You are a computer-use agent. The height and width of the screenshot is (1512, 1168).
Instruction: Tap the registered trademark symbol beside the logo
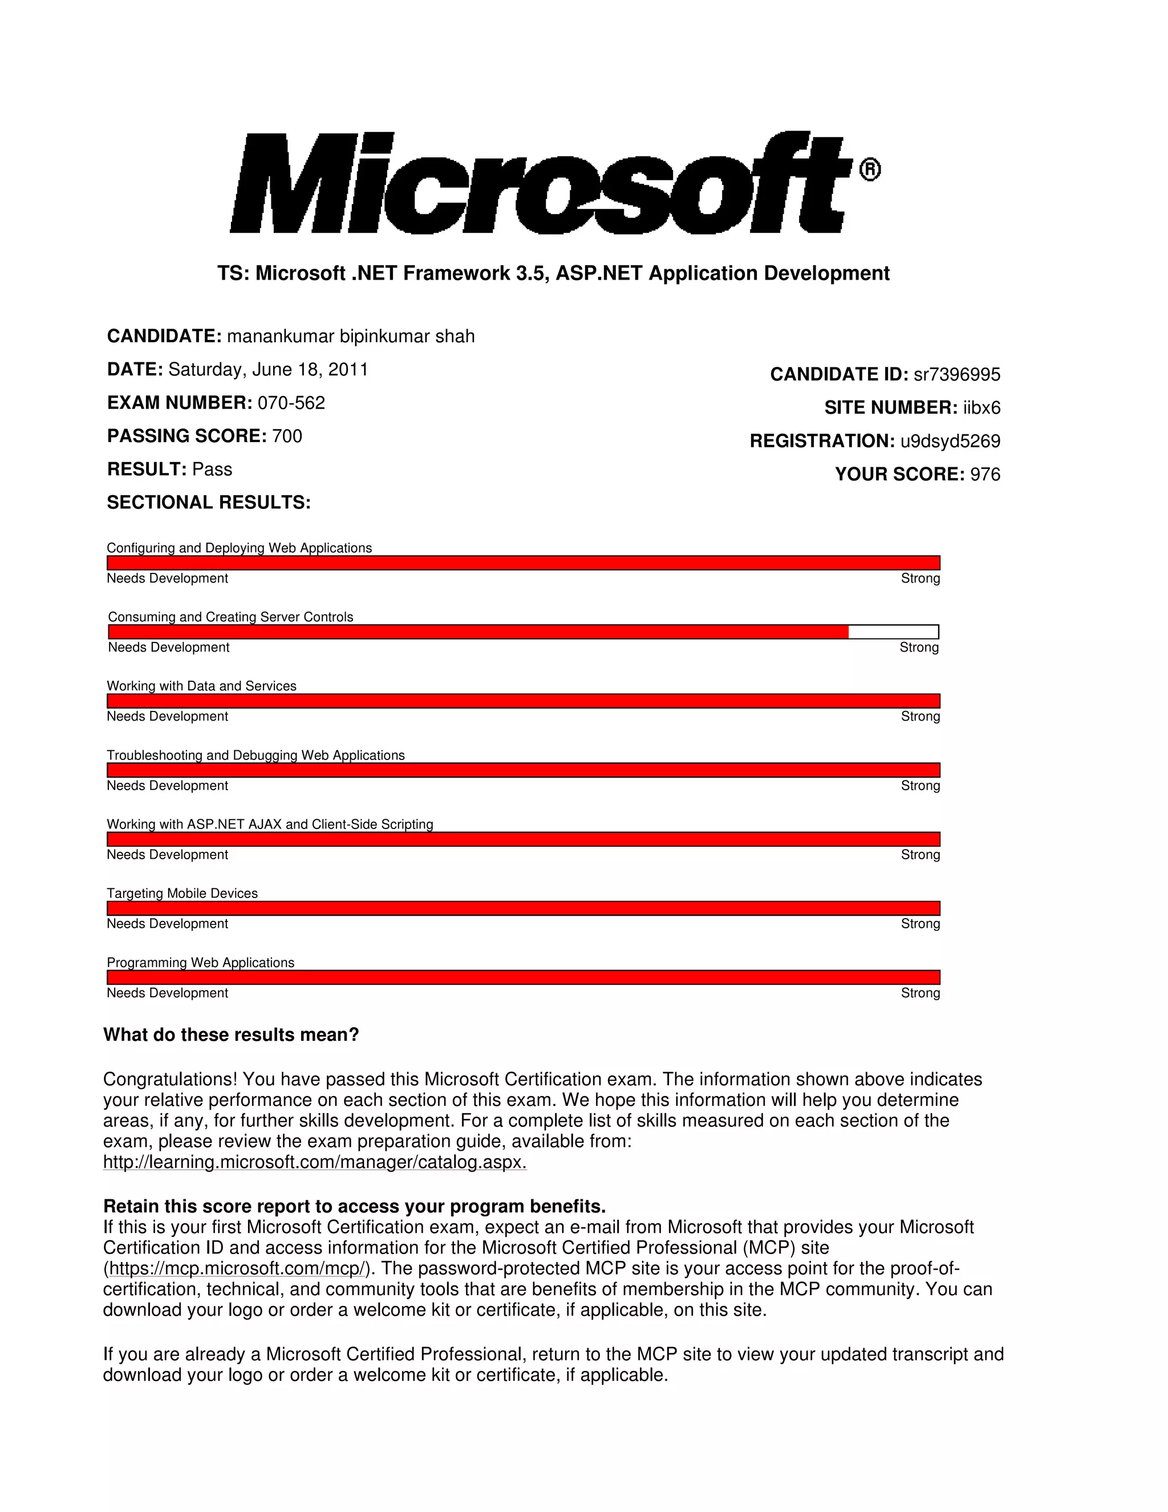coord(870,169)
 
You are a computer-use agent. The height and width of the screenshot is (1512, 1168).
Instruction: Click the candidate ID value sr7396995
coord(957,374)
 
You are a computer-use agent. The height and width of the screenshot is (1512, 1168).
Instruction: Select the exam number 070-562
coord(291,403)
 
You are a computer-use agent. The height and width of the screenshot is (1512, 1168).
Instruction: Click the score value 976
coord(985,474)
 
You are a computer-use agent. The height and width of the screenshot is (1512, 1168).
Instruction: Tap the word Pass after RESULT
coord(212,470)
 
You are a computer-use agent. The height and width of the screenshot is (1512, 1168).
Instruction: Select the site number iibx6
coord(981,408)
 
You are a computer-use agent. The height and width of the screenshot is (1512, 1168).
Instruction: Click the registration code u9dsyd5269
coord(950,441)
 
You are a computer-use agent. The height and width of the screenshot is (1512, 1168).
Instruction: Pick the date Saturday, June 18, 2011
coord(268,370)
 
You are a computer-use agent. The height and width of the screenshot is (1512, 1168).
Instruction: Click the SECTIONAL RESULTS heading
coord(208,503)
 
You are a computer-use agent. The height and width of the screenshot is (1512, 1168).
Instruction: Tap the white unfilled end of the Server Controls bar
coord(893,632)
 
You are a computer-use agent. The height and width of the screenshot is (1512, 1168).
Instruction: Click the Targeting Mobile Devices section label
coord(182,893)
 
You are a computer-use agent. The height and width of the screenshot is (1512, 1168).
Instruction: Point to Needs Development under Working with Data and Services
coord(168,717)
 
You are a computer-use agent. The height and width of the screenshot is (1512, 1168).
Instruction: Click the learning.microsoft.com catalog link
coord(314,1162)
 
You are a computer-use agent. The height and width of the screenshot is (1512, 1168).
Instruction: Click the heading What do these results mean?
coord(231,1035)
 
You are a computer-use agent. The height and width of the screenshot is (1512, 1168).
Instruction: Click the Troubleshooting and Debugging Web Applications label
coord(255,755)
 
